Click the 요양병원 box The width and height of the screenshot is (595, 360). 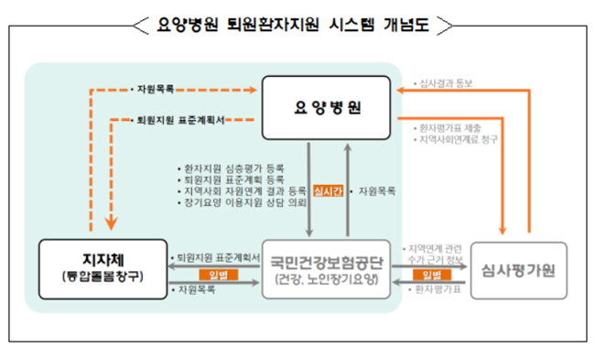click(x=328, y=107)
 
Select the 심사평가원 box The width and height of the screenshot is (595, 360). click(x=519, y=269)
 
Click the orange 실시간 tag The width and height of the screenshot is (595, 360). click(x=327, y=191)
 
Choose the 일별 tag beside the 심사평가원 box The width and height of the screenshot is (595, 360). click(x=431, y=275)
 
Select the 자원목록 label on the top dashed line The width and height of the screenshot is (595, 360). click(x=156, y=90)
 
